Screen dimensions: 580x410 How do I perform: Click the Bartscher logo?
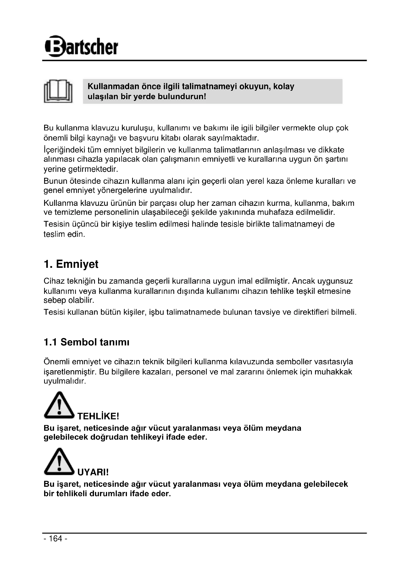click(x=81, y=46)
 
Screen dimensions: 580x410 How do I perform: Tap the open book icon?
click(x=58, y=91)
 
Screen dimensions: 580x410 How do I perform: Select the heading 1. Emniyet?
click(x=71, y=264)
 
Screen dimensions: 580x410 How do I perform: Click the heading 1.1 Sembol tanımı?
click(x=86, y=342)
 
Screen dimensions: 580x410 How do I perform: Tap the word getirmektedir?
click(x=93, y=169)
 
